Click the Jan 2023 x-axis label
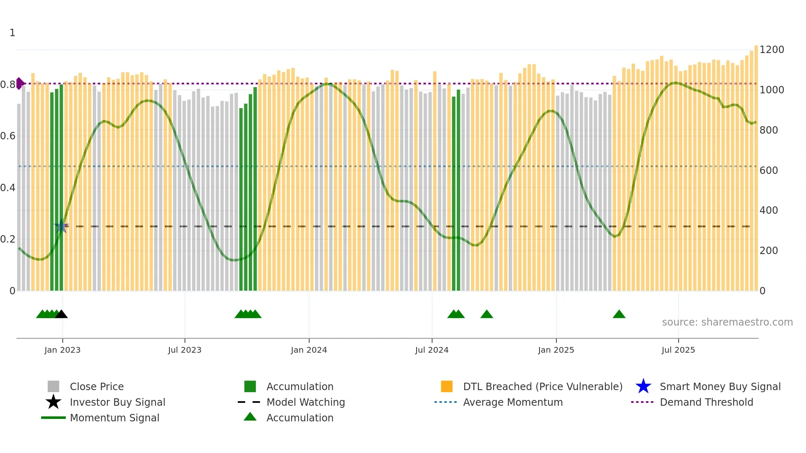(x=63, y=350)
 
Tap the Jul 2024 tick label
(x=432, y=350)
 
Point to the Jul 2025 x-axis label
(x=678, y=350)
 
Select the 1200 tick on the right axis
(x=772, y=50)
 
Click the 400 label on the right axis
(x=769, y=210)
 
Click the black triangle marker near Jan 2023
(x=61, y=314)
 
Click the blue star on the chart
(x=61, y=226)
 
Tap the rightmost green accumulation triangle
(x=619, y=314)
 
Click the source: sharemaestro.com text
(x=727, y=322)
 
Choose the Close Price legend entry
(x=97, y=386)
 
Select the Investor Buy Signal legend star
(x=53, y=402)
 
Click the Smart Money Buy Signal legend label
(x=720, y=386)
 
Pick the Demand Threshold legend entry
(x=706, y=402)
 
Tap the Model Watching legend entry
(x=306, y=402)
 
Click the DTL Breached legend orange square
(x=447, y=386)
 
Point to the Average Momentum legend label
(x=513, y=402)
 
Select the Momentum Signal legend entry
(x=114, y=418)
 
